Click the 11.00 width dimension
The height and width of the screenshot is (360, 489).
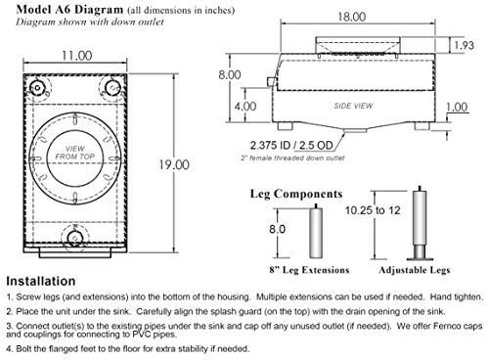[77, 56]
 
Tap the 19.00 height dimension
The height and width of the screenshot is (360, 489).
[174, 164]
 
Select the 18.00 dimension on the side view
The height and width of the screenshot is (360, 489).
[351, 17]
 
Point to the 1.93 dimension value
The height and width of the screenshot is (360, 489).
[464, 45]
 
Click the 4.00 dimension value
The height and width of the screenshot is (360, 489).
[245, 107]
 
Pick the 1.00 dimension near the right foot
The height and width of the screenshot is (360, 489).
[457, 107]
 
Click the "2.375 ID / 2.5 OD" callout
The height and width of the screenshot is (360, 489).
[291, 145]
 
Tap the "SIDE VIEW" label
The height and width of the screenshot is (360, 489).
[353, 106]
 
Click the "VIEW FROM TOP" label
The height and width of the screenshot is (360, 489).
[75, 153]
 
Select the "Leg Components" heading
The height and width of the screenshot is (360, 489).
[296, 194]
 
